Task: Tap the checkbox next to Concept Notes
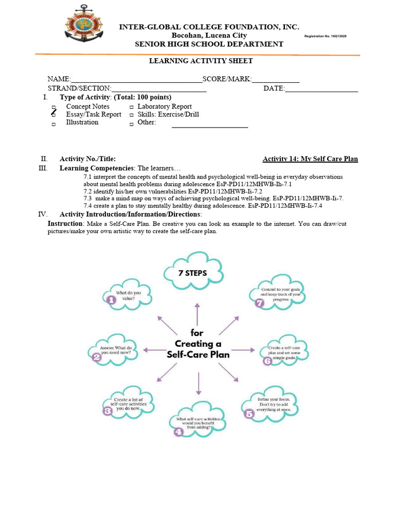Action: click(x=53, y=108)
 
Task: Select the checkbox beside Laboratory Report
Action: click(x=131, y=108)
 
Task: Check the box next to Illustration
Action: click(x=53, y=124)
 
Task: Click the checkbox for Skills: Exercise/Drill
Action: click(x=131, y=115)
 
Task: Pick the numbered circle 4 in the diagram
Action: click(x=178, y=432)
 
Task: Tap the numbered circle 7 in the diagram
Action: click(x=259, y=303)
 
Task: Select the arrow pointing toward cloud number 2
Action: click(x=152, y=350)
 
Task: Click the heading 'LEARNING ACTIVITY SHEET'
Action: click(x=201, y=61)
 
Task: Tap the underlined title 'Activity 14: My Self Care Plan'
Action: click(x=310, y=159)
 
